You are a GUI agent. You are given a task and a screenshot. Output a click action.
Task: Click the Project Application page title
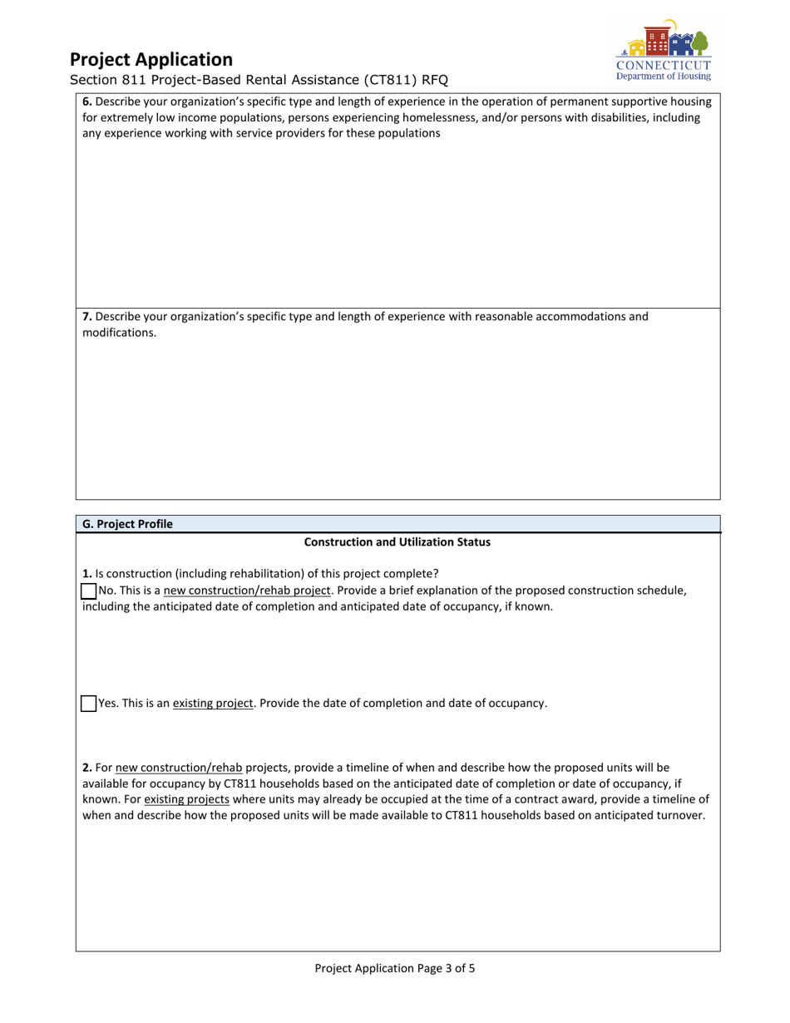(151, 60)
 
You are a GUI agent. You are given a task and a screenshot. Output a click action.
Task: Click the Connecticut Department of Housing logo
(663, 49)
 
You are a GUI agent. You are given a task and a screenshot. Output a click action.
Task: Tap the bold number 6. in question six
(87, 101)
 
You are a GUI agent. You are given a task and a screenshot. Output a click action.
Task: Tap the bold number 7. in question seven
(87, 317)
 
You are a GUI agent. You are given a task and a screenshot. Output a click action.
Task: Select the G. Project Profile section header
(127, 524)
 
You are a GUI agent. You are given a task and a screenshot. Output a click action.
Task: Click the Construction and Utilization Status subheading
(397, 542)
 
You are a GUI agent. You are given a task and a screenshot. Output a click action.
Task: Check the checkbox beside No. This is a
(88, 591)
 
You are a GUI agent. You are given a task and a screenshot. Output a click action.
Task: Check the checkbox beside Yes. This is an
(88, 704)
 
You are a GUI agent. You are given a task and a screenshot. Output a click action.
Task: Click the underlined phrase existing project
(212, 704)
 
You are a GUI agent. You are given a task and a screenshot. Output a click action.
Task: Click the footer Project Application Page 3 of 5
(395, 968)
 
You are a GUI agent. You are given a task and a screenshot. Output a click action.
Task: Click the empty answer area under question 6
(397, 225)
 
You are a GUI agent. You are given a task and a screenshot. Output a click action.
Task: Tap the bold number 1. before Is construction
(87, 574)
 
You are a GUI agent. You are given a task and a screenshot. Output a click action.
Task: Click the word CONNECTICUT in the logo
(664, 65)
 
